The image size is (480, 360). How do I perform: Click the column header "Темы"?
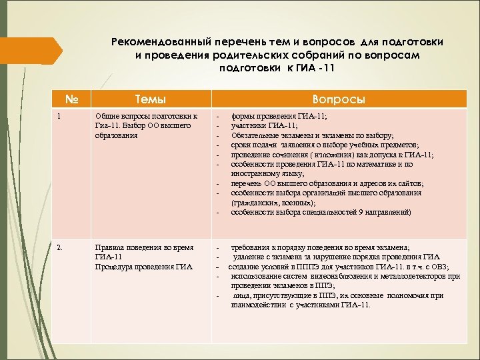pos(151,99)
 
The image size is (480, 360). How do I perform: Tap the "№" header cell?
pos(73,99)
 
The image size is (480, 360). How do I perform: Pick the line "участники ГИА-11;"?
pos(264,125)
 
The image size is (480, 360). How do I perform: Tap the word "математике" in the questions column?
pos(370,163)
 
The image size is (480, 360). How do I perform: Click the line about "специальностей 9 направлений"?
pos(321,212)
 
